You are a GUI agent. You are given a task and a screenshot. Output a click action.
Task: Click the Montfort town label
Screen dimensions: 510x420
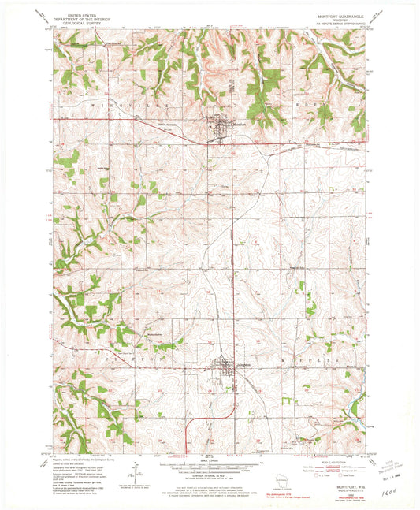[x=241, y=124]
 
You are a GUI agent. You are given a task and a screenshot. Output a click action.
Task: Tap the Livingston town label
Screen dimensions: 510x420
[x=243, y=365]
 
